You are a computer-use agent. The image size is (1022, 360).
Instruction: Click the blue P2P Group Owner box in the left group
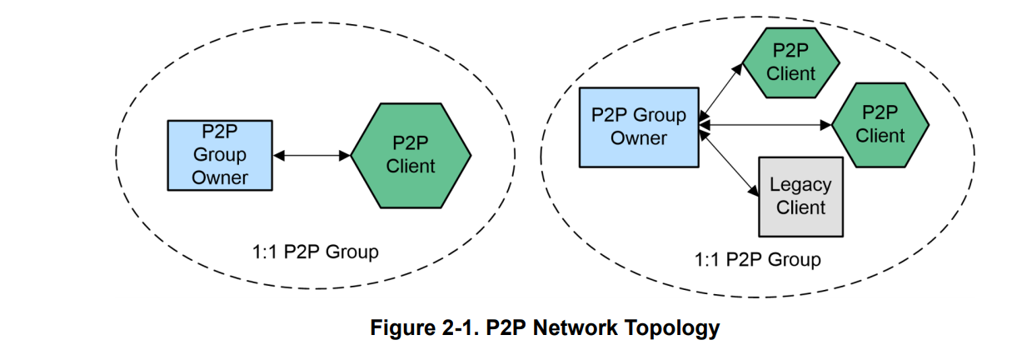tap(220, 155)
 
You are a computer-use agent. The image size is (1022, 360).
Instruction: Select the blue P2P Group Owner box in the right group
tap(639, 126)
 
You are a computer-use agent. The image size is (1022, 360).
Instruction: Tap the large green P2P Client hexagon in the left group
tap(411, 155)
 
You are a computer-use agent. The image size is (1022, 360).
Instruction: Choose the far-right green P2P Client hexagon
tap(880, 123)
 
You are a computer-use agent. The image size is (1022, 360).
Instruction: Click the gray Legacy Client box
tap(800, 196)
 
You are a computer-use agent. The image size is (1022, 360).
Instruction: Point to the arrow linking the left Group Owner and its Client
tap(312, 155)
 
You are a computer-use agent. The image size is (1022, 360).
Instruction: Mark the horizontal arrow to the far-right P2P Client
tap(765, 125)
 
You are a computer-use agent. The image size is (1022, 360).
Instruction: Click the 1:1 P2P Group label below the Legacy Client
tap(757, 259)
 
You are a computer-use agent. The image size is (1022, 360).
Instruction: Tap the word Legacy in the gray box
tap(800, 185)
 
